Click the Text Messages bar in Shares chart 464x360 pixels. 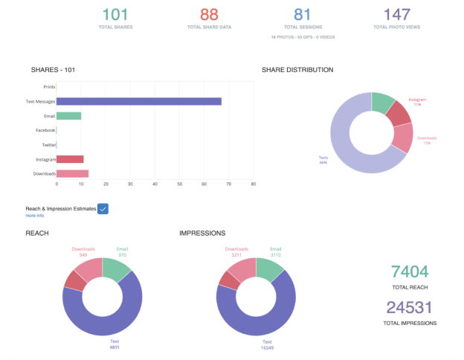(x=138, y=101)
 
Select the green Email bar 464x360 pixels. (x=68, y=116)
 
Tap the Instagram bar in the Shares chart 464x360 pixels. (x=70, y=159)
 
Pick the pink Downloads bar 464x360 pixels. (x=72, y=173)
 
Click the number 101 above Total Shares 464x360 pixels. (x=115, y=14)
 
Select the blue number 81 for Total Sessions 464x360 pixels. (x=302, y=14)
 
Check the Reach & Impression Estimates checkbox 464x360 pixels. (x=103, y=208)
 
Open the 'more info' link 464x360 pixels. (x=34, y=216)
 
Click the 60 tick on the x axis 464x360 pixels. (x=204, y=184)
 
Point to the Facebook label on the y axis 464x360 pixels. (x=45, y=130)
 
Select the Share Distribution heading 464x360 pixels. (x=297, y=70)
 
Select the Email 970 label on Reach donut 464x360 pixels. (x=122, y=251)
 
